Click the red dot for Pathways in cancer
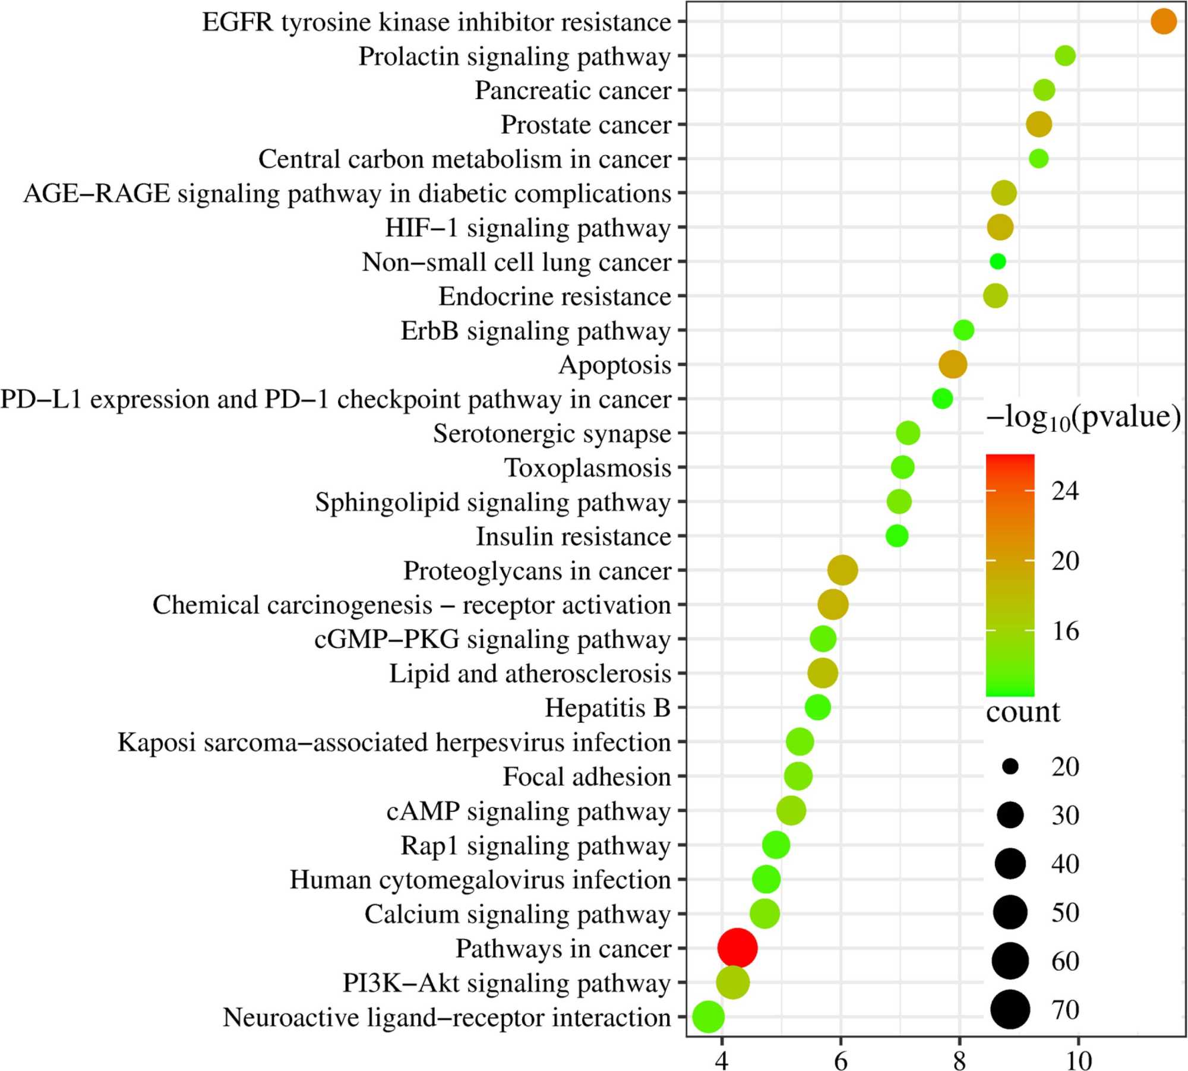pos(737,948)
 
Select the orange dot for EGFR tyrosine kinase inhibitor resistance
pos(1163,21)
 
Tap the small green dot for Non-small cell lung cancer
pos(997,261)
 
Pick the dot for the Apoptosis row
pos(953,364)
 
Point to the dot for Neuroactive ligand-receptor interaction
pos(709,1016)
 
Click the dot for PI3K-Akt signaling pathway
pos(733,982)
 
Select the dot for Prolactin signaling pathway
pos(1065,56)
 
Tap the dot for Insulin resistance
pos(897,536)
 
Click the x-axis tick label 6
pos(841,1059)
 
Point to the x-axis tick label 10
pos(1078,1059)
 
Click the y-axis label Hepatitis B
pos(608,707)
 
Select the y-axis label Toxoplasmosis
pos(587,468)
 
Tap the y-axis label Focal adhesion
pos(587,776)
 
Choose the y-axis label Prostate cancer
pos(586,125)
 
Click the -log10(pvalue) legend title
pos(1083,418)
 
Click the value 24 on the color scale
pos(1065,491)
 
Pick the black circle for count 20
pos(1010,766)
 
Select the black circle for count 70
pos(1010,1009)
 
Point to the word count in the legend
pos(1023,712)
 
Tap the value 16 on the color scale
pos(1065,631)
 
